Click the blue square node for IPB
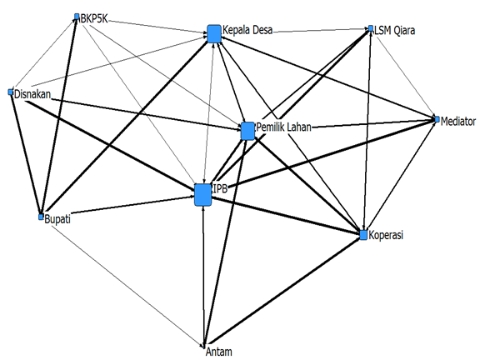click(x=202, y=195)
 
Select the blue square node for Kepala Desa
click(x=214, y=33)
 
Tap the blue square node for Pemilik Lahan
click(x=247, y=131)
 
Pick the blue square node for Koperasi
click(x=363, y=235)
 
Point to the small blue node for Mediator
click(x=437, y=119)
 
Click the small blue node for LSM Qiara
click(x=371, y=28)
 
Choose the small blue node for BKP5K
click(x=77, y=17)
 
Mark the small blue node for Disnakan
click(x=11, y=92)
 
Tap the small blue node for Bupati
click(x=41, y=217)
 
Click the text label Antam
click(x=218, y=352)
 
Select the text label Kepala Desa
click(x=247, y=30)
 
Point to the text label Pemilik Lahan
click(x=283, y=127)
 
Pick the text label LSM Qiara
click(x=395, y=30)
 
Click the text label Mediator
click(x=458, y=122)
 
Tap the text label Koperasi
click(x=386, y=235)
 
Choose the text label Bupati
click(x=57, y=219)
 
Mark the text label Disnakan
click(x=32, y=94)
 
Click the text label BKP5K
click(x=94, y=18)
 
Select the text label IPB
click(x=220, y=188)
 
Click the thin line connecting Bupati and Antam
click(x=127, y=286)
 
